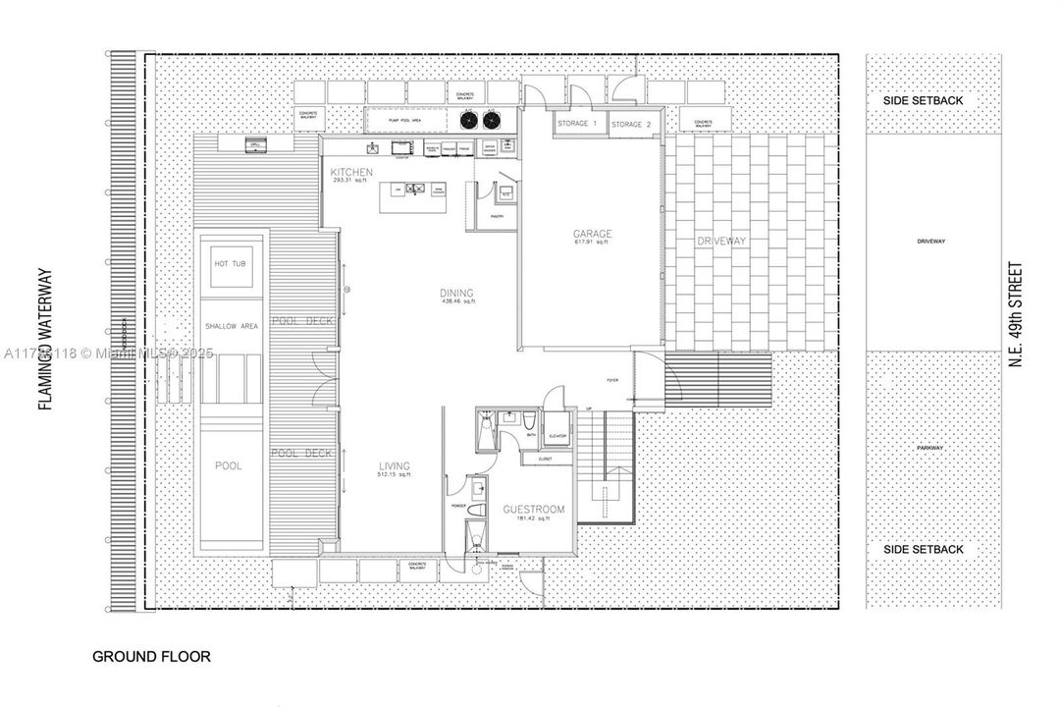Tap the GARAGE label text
(x=593, y=235)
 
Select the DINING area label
(x=456, y=294)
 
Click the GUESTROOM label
(x=533, y=511)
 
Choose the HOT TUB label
(x=232, y=263)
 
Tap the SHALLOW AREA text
(x=232, y=326)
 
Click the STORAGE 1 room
(x=578, y=125)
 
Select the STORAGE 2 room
(x=632, y=126)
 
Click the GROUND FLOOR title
(x=151, y=656)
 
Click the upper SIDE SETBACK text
(x=924, y=101)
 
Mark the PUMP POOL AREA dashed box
(x=406, y=120)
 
